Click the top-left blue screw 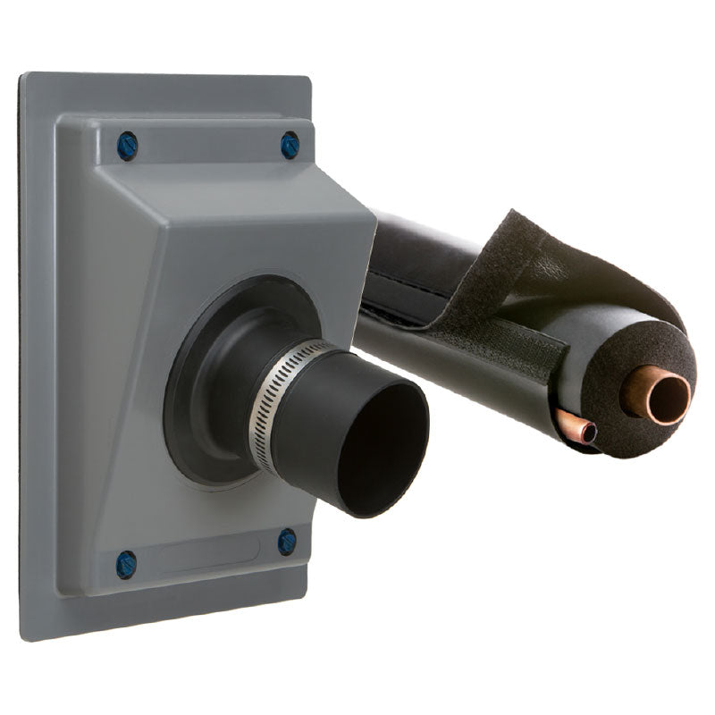click(127, 146)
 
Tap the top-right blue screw click(290, 145)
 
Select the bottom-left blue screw click(126, 564)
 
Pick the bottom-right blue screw click(287, 542)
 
